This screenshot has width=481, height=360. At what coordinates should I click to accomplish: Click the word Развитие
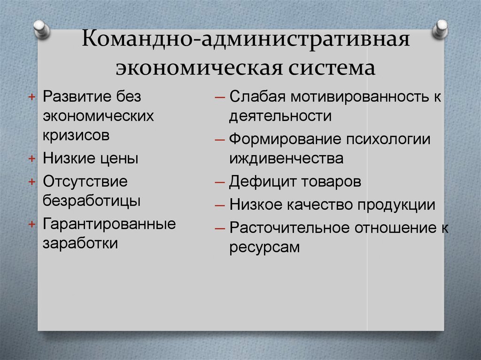pos(76,96)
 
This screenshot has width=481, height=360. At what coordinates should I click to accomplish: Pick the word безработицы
pos(92,200)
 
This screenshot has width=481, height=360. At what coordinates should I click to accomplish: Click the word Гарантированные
pos(109,223)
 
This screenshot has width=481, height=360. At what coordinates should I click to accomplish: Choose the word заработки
pos(81,243)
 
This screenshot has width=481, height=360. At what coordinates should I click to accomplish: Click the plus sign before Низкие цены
pos(31,159)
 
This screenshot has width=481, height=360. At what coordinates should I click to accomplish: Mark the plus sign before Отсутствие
pos(31,182)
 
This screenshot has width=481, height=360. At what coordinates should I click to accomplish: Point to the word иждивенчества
pos(286,159)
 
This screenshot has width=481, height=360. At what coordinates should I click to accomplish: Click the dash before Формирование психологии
pos(220,140)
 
